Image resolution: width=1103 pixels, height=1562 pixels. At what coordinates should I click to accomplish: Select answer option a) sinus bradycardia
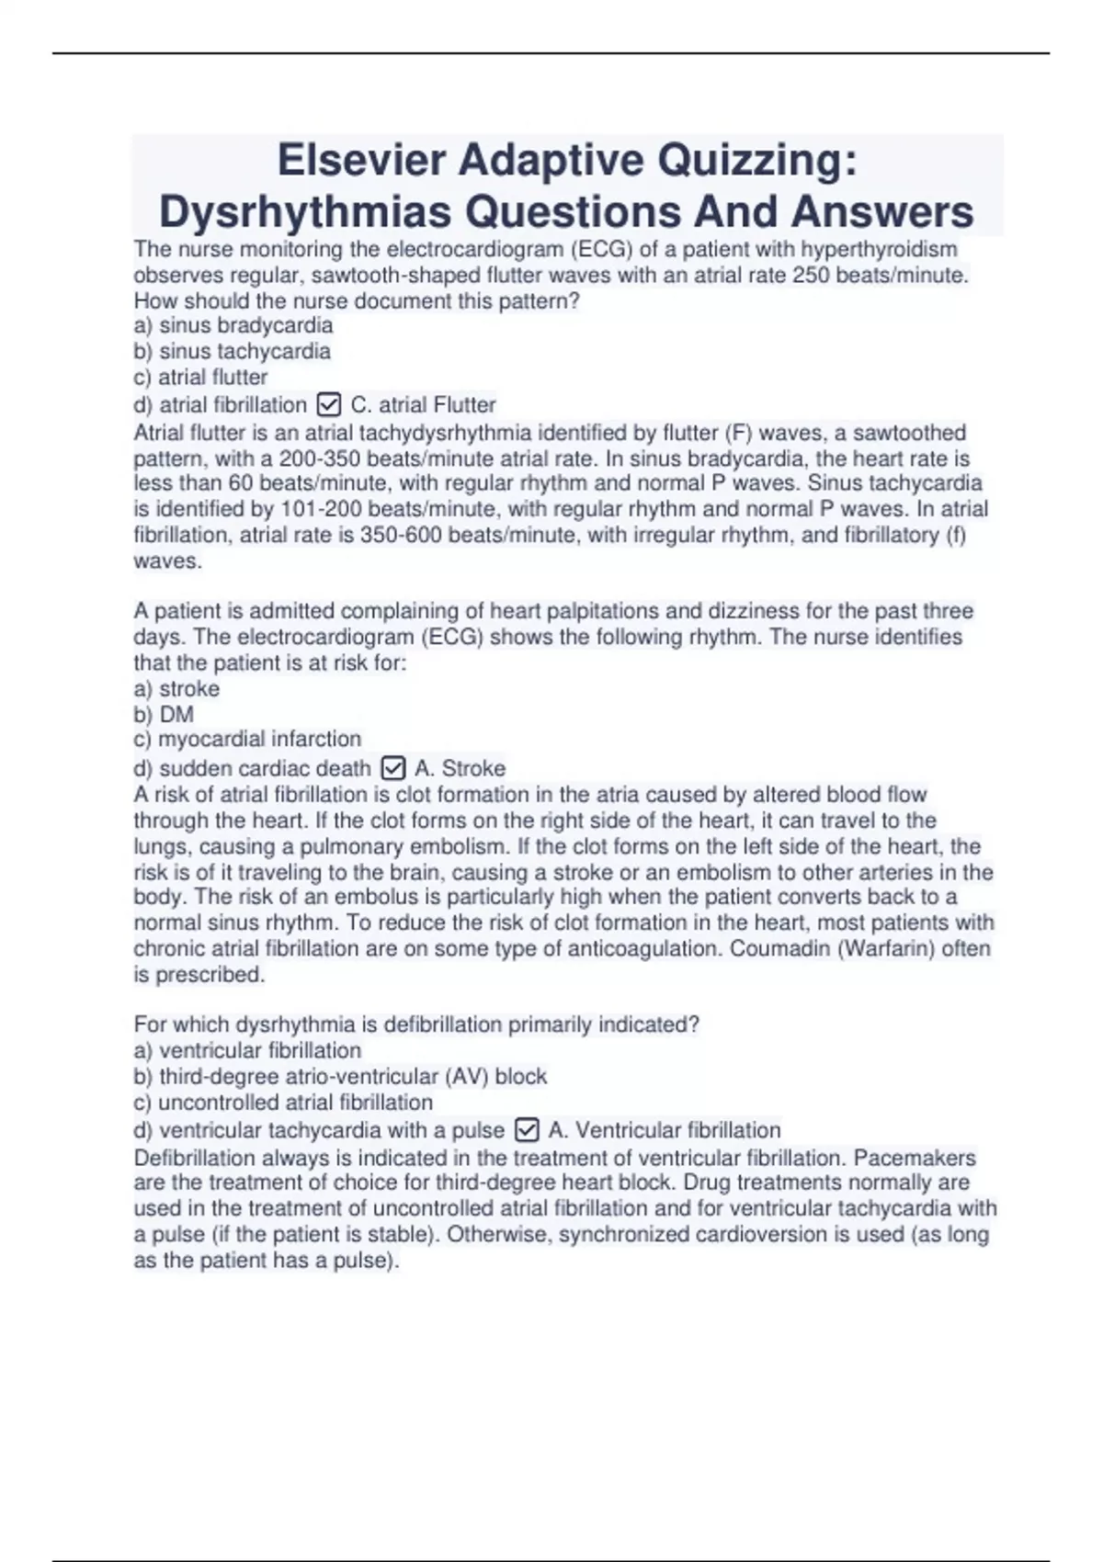point(233,325)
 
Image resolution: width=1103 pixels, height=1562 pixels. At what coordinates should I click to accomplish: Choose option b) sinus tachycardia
point(232,351)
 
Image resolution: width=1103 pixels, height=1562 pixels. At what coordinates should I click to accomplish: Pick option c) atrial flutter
point(200,377)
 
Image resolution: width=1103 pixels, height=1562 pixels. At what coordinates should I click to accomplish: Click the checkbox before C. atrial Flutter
point(328,404)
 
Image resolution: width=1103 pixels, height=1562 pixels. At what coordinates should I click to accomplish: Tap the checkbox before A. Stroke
point(392,767)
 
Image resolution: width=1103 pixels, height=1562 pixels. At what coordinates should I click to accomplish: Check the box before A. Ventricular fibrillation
point(527,1129)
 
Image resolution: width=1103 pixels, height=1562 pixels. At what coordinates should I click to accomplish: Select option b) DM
point(164,714)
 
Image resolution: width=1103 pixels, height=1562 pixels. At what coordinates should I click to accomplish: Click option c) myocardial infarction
point(247,739)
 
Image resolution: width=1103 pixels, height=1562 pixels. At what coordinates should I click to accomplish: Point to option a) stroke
point(176,688)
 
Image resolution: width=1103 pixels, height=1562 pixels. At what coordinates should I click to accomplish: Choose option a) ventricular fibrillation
point(247,1050)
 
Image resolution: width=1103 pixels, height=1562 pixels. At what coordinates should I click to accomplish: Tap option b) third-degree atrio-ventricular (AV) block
point(340,1076)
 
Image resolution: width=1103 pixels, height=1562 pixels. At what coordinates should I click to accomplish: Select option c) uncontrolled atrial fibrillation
point(283,1102)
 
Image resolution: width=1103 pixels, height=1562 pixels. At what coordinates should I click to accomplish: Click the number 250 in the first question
point(811,275)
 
